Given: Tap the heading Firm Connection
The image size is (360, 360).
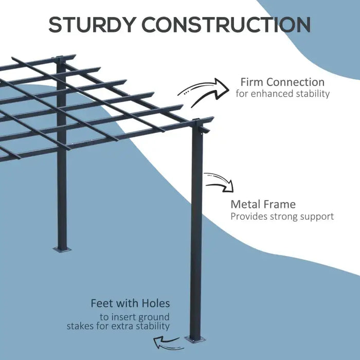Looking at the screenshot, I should [x=282, y=82].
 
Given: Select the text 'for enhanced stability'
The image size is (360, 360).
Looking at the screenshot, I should [x=282, y=94].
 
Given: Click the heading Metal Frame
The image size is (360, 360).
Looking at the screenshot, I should [x=263, y=204].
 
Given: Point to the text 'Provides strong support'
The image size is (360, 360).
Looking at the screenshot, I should [x=282, y=217].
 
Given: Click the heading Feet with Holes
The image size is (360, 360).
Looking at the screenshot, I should [x=130, y=303].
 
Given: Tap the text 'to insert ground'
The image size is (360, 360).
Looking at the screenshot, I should [x=135, y=317].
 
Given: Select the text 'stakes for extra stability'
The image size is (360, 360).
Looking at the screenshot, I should [x=118, y=327].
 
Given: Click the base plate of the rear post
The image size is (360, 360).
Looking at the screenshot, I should [x=62, y=249].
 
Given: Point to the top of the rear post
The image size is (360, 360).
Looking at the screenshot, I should [x=61, y=61].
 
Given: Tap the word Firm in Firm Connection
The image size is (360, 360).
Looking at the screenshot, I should [x=251, y=82].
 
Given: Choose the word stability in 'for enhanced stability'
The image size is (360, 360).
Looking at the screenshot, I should [x=312, y=94].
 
